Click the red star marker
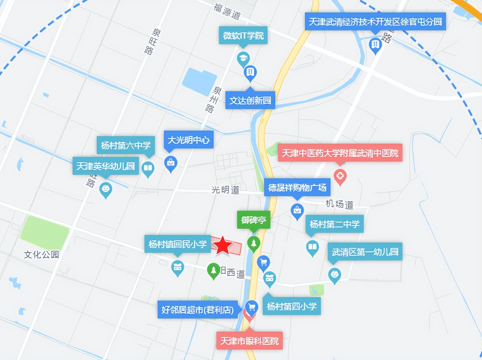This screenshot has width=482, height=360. [222, 246]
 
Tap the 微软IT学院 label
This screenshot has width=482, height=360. [243, 35]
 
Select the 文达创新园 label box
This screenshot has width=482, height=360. [250, 101]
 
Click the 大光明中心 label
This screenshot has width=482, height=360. [188, 140]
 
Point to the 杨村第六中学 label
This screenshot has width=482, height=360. [126, 145]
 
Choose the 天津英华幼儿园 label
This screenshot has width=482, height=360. [105, 166]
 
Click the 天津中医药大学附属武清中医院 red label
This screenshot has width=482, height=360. [340, 153]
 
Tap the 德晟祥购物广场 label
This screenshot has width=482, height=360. [297, 188]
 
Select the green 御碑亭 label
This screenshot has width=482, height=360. [253, 220]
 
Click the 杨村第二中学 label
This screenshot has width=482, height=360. [334, 224]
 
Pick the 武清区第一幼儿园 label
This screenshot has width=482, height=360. [365, 252]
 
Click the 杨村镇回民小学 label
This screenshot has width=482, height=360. [177, 244]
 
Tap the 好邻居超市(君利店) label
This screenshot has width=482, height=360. [197, 310]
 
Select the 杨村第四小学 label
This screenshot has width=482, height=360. [291, 306]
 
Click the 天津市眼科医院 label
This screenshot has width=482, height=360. [249, 341]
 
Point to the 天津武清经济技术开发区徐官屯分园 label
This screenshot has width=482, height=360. [375, 22]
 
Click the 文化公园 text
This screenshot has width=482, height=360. [41, 255]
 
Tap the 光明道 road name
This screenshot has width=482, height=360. [225, 190]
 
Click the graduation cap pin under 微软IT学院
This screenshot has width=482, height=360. [243, 58]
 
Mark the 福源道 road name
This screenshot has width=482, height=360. [227, 11]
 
